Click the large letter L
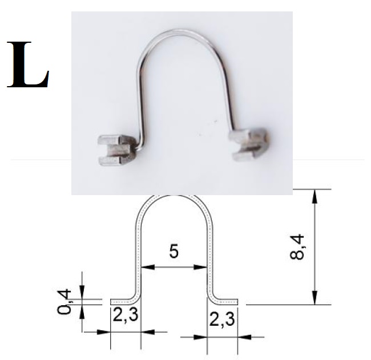(x=28, y=64)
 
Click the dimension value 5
(x=174, y=251)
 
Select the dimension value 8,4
(x=297, y=246)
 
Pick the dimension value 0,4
(x=64, y=301)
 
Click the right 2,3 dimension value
(x=222, y=319)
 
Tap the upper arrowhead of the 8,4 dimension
(x=314, y=196)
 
